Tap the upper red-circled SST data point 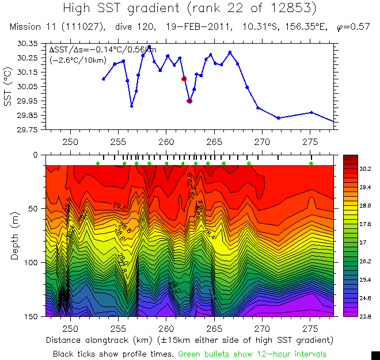pos(184,79)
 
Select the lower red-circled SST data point pos(189,101)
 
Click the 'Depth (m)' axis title pos(15,236)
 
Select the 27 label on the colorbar pos(363,243)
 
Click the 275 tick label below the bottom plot pos(311,328)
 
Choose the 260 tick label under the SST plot pos(166,141)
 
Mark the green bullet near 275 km pos(311,164)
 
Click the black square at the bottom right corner pos(375,355)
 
